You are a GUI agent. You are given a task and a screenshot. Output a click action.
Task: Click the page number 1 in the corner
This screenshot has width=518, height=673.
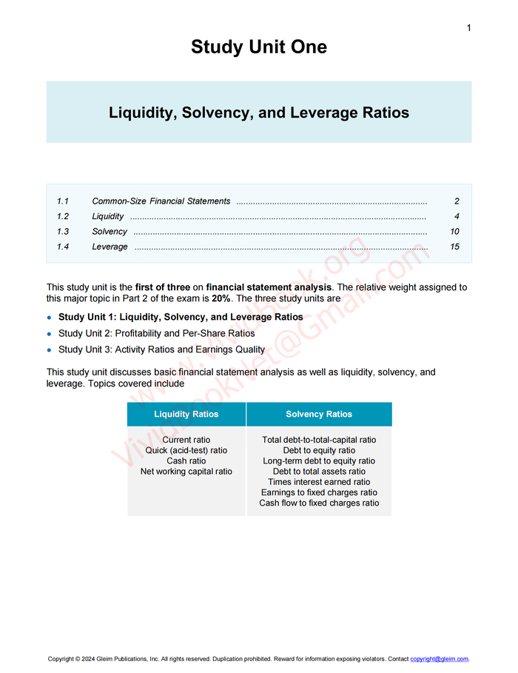(x=468, y=28)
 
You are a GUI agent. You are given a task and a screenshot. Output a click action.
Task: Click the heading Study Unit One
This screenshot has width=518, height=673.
(x=258, y=47)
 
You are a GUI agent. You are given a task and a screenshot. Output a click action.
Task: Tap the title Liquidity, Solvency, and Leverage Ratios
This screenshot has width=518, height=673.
(x=258, y=113)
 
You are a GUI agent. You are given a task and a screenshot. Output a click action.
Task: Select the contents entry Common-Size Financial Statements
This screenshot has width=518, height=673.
(x=161, y=201)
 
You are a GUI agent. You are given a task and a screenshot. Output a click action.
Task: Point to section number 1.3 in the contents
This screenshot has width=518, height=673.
(x=63, y=232)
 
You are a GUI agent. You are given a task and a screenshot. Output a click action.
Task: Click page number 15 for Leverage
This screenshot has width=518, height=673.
(x=454, y=247)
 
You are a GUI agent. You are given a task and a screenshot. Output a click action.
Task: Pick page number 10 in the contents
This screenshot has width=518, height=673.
(x=454, y=232)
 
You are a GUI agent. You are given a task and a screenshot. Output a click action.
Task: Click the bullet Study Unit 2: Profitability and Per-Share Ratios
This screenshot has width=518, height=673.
(x=156, y=333)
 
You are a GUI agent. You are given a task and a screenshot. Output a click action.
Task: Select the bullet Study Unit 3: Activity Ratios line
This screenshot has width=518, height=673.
(x=161, y=349)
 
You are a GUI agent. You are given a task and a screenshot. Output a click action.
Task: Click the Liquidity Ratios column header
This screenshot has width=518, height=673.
(x=186, y=415)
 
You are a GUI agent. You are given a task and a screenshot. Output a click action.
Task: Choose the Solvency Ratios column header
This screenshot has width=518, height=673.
(x=319, y=415)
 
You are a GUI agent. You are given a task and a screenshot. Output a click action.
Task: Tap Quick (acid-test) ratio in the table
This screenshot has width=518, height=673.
(x=186, y=450)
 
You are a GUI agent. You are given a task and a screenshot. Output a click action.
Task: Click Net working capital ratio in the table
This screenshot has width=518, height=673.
(x=186, y=472)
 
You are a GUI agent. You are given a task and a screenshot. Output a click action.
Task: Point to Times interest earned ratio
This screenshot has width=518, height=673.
(x=319, y=482)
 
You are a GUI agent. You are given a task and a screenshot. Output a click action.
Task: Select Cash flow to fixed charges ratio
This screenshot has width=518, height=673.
(x=319, y=503)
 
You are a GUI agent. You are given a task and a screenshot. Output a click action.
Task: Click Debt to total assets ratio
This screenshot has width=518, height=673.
(x=319, y=472)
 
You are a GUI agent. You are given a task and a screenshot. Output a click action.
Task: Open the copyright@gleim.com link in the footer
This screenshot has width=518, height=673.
(x=439, y=659)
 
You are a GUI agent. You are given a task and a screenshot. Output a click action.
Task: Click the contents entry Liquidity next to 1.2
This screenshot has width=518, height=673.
(x=108, y=217)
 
